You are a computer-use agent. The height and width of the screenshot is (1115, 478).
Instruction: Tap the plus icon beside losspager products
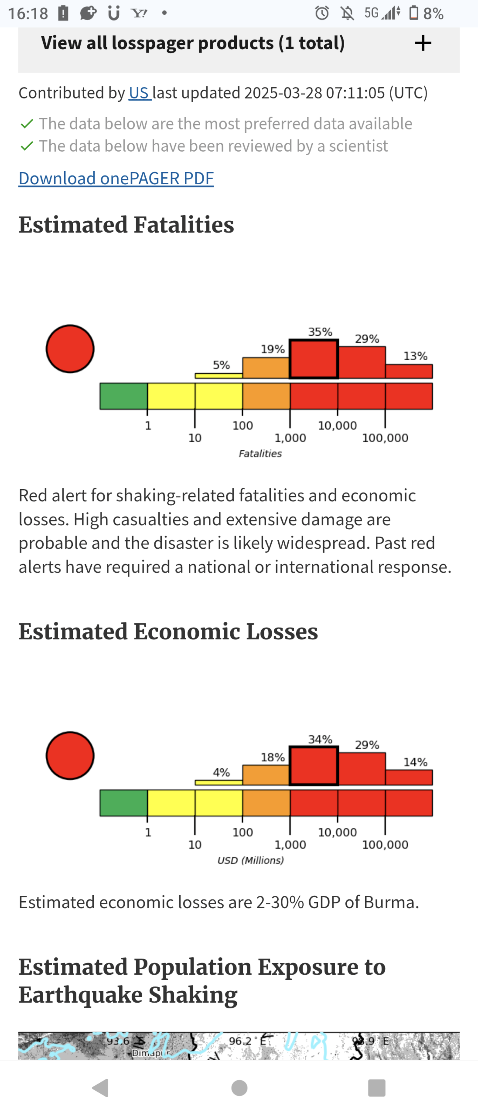[x=423, y=43]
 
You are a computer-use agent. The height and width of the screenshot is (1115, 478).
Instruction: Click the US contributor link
[x=140, y=93]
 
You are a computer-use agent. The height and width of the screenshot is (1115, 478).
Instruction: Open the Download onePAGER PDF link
[x=116, y=178]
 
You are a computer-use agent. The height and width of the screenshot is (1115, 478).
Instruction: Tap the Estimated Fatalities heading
[x=126, y=225]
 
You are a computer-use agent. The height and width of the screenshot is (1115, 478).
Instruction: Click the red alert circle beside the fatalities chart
[x=70, y=348]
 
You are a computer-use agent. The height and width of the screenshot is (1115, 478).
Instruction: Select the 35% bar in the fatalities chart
[x=314, y=359]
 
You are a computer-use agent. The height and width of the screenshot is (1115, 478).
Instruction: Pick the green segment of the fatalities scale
[x=124, y=396]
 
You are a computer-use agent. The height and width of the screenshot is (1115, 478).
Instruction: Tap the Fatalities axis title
[x=260, y=453]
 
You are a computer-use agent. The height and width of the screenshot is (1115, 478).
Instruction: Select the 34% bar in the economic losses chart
[x=314, y=765]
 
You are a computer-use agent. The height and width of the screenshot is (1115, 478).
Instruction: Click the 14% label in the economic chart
[x=415, y=762]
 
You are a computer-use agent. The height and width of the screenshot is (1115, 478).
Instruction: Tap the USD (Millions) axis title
[x=250, y=860]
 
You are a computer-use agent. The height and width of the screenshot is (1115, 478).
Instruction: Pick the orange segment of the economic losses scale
[x=266, y=803]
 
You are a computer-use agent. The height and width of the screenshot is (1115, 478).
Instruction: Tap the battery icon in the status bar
[x=414, y=13]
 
